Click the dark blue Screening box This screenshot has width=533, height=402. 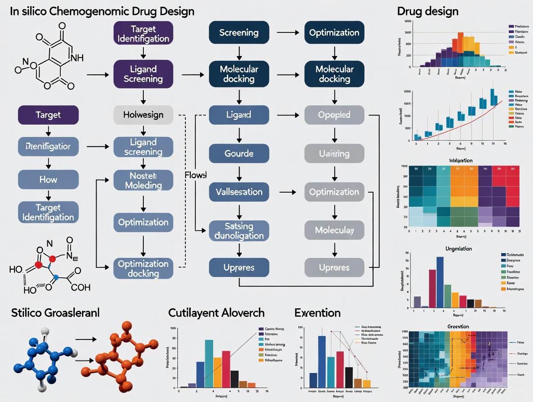(x=238, y=33)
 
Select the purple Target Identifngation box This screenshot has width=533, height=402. (x=143, y=33)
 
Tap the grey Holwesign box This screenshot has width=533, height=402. (x=143, y=115)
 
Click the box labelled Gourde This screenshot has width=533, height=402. (x=238, y=154)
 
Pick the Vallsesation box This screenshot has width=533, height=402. (x=238, y=192)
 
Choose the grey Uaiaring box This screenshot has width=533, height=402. (x=334, y=154)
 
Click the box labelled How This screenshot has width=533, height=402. (x=48, y=179)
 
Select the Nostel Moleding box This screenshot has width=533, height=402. (x=143, y=180)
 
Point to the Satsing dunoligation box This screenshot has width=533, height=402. (x=238, y=230)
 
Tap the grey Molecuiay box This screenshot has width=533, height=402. (x=334, y=230)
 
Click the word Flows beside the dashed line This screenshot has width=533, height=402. (x=195, y=174)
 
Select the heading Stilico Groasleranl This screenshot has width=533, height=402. (x=55, y=313)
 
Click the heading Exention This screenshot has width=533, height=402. (x=317, y=313)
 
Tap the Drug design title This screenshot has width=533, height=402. (x=427, y=11)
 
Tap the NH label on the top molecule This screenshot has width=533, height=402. (x=76, y=58)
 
